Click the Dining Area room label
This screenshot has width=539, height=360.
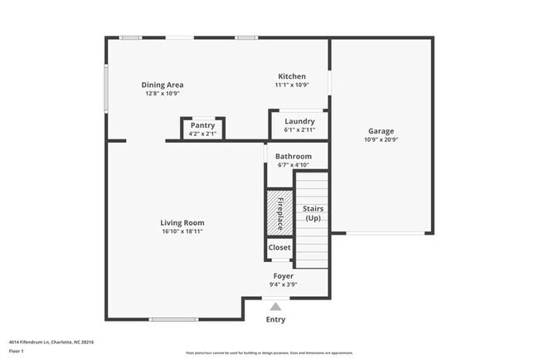point(163,85)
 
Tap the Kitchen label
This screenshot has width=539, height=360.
point(292,76)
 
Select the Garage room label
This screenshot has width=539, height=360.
point(381,131)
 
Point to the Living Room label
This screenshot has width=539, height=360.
point(182,222)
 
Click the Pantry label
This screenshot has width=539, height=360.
point(202,125)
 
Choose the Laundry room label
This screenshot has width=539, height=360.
point(299,121)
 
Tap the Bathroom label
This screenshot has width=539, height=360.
point(294,156)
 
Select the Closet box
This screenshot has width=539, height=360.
point(279,247)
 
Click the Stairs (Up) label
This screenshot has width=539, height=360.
point(313,213)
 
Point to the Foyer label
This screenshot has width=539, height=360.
point(284,275)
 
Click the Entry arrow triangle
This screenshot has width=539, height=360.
point(275,306)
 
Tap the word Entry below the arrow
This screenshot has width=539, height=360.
point(275,319)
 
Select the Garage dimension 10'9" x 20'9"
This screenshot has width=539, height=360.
point(381,140)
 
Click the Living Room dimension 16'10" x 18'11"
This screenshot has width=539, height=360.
point(182,231)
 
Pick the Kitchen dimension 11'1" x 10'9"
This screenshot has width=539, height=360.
point(292,85)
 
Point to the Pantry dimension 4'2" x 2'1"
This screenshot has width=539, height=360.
point(202,134)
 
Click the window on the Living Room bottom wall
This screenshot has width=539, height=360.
point(173,319)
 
